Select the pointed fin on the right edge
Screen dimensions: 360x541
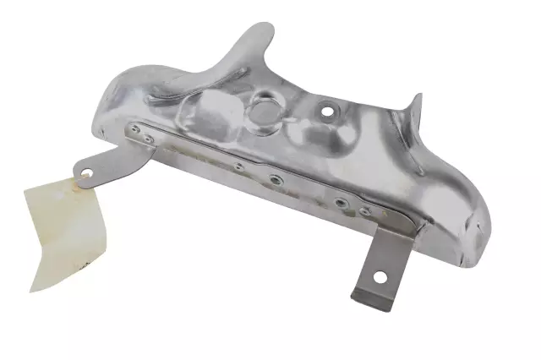point(414,110)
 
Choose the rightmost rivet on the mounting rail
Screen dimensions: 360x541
point(364,210)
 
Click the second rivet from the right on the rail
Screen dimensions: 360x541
point(340,202)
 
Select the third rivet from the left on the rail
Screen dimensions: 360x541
point(239,166)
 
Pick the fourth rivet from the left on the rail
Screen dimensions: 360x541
point(276,178)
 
